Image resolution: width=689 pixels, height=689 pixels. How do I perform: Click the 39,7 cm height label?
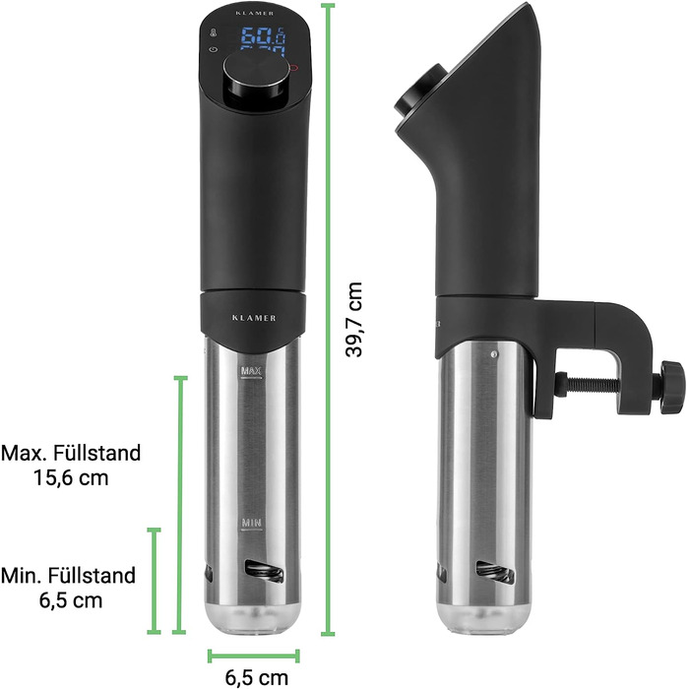click(354, 320)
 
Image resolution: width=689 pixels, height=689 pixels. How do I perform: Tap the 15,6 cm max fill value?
click(71, 477)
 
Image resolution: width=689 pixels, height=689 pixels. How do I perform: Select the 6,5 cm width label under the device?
click(257, 677)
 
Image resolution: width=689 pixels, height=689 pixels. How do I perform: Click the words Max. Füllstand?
click(71, 453)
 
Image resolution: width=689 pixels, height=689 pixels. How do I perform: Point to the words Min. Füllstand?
click(68, 575)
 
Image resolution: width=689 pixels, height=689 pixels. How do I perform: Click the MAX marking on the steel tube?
click(251, 371)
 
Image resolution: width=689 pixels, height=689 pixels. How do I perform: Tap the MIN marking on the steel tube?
click(251, 523)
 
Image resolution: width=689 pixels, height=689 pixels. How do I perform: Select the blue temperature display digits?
click(264, 40)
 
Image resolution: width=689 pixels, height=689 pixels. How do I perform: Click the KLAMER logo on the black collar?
click(254, 318)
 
